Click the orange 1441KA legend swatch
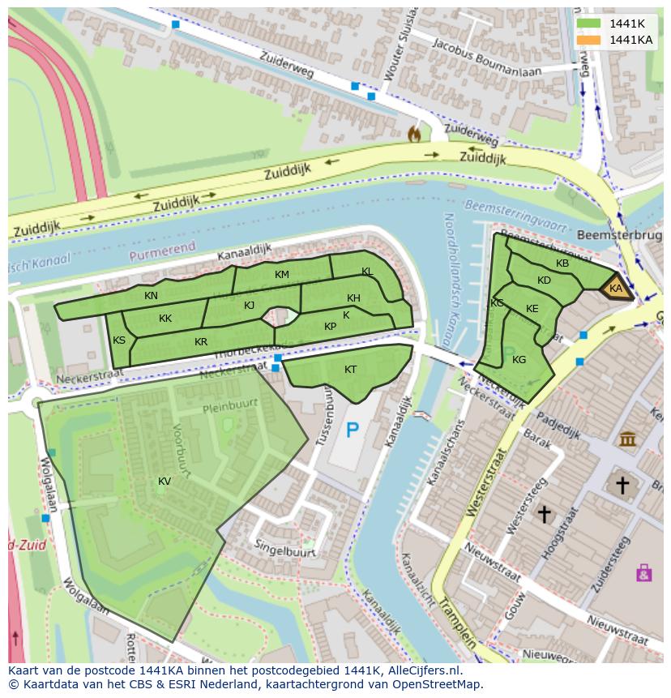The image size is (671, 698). pos(589,40)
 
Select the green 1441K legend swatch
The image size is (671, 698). pos(589,24)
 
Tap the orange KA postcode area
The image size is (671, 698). pos(616,289)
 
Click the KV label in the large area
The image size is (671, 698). pos(165,482)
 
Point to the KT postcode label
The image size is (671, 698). pos(350,370)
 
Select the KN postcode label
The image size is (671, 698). pos(151,296)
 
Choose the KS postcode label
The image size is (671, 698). pos(119,340)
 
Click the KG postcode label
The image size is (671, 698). pos(519,360)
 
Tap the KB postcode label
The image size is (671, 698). pos(562,263)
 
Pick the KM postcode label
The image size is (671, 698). pos(281,275)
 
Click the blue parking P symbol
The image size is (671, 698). pos(352,430)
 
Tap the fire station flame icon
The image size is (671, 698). pos(415,133)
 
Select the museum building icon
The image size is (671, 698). pos(627,439)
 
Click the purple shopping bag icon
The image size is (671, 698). pos(644,573)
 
